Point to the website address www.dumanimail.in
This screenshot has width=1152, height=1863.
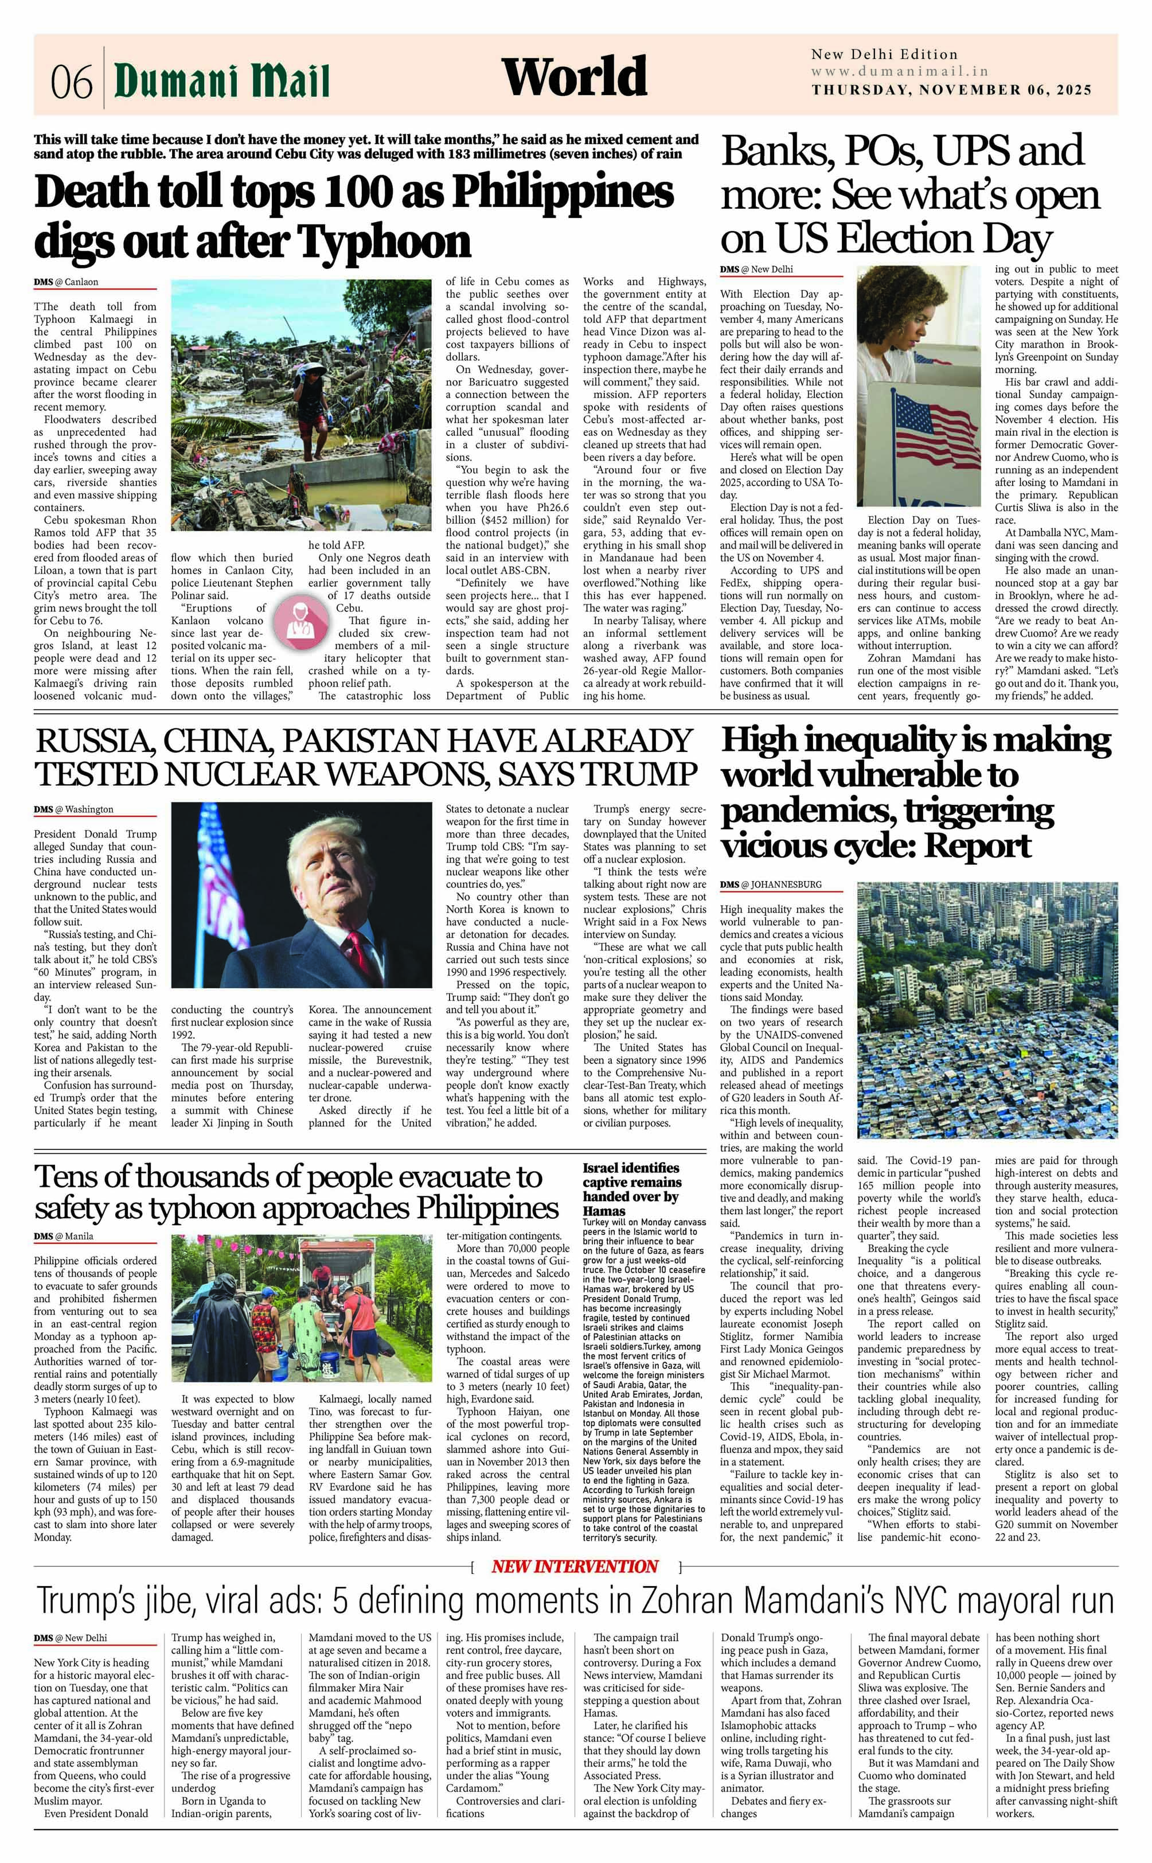(899, 72)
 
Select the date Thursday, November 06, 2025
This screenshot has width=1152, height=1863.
(951, 90)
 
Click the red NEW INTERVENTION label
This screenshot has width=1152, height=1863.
(575, 1566)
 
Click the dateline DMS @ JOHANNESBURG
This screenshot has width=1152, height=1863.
(771, 884)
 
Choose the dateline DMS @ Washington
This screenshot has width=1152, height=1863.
(74, 809)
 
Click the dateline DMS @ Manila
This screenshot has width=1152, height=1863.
(64, 1236)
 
